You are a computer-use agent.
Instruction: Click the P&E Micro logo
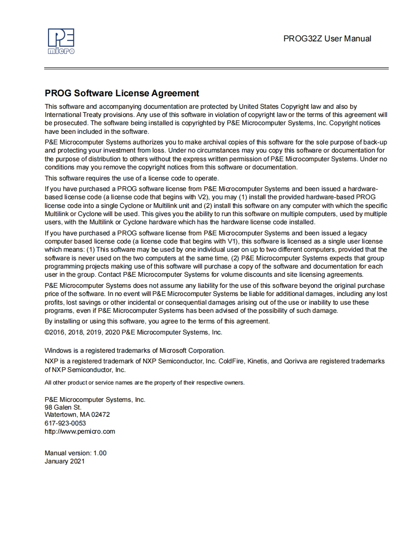61,41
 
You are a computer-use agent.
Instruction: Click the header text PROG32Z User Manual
327,39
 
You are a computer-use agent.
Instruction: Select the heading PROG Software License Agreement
122,93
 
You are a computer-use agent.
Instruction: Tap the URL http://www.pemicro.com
80,431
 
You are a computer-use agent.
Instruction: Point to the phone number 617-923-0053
65,423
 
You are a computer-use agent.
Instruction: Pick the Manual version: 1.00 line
75,453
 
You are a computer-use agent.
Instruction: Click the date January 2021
64,461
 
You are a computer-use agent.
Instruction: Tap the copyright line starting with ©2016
133,332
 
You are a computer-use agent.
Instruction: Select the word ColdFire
231,361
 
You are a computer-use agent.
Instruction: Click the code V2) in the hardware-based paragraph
203,197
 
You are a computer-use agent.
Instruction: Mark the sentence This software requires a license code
132,178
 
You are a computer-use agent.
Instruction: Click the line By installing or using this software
157,321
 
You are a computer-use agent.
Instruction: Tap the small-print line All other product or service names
144,383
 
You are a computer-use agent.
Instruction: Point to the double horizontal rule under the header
216,68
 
